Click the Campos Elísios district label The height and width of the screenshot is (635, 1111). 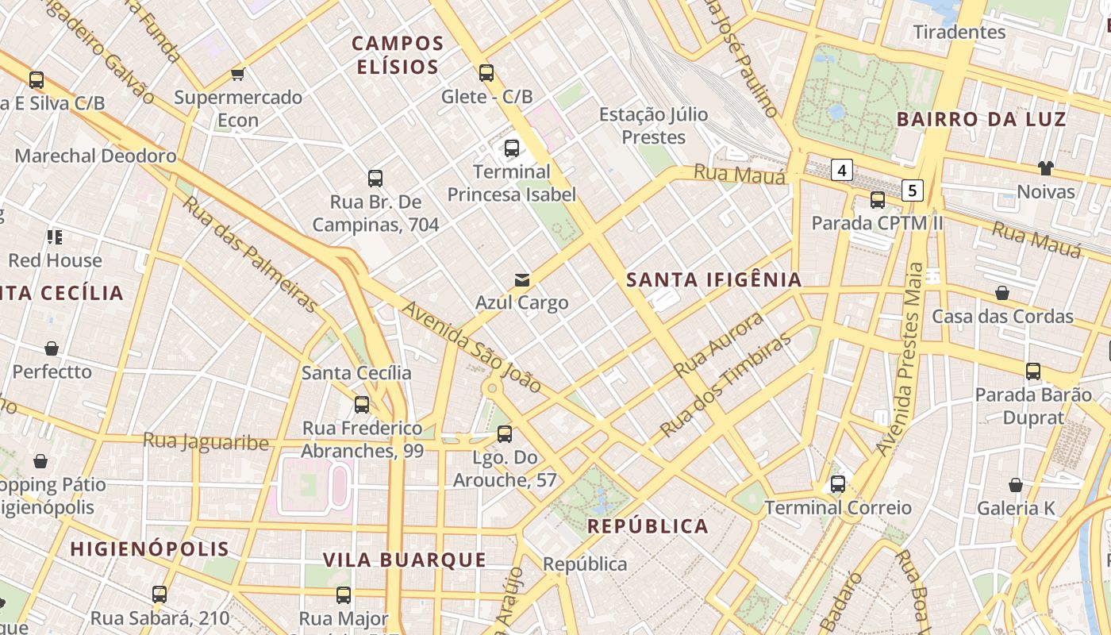[x=397, y=55]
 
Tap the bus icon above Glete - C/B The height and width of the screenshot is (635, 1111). [x=486, y=73]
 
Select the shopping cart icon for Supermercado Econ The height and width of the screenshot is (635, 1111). [x=237, y=75]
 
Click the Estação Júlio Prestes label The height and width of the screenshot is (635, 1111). [x=653, y=125]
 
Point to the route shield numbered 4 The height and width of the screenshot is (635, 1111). [x=842, y=169]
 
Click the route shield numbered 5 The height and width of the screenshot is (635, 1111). [x=913, y=190]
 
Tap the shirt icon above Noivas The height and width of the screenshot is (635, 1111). [x=1045, y=168]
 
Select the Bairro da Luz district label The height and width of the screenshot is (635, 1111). [x=981, y=120]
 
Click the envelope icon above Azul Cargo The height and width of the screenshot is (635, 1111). [x=521, y=279]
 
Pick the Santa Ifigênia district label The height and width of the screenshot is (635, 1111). [x=713, y=279]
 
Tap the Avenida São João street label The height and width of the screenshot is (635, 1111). [x=472, y=347]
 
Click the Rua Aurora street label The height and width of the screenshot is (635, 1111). [x=718, y=344]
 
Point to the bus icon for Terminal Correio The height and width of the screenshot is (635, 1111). [x=837, y=483]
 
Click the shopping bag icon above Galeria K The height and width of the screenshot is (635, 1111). [x=1015, y=485]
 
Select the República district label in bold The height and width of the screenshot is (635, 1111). [x=648, y=526]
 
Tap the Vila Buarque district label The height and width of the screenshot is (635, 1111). [x=404, y=560]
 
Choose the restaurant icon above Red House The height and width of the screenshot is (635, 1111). [x=55, y=237]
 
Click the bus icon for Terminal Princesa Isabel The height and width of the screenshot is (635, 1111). [x=512, y=148]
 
